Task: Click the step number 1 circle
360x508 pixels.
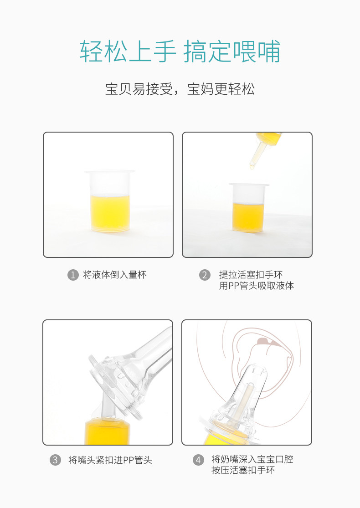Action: click(x=73, y=275)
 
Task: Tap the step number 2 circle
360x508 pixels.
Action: click(x=205, y=275)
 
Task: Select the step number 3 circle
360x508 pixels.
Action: click(x=55, y=460)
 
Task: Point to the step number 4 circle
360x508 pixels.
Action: click(x=198, y=460)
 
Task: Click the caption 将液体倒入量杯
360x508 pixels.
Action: click(x=115, y=275)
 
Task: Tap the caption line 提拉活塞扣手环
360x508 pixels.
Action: click(x=251, y=275)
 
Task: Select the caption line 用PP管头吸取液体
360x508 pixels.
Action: click(x=256, y=286)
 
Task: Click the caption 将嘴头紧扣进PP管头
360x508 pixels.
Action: click(x=110, y=460)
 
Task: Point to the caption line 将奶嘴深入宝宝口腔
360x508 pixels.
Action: click(x=252, y=459)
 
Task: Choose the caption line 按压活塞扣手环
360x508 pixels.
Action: click(x=243, y=470)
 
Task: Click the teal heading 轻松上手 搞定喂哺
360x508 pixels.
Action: click(x=180, y=51)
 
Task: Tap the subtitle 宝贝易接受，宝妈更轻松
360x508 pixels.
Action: click(x=180, y=89)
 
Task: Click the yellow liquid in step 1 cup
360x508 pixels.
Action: click(x=110, y=213)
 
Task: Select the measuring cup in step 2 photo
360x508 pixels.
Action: click(x=249, y=208)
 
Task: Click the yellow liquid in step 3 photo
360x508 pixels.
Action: click(x=107, y=432)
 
